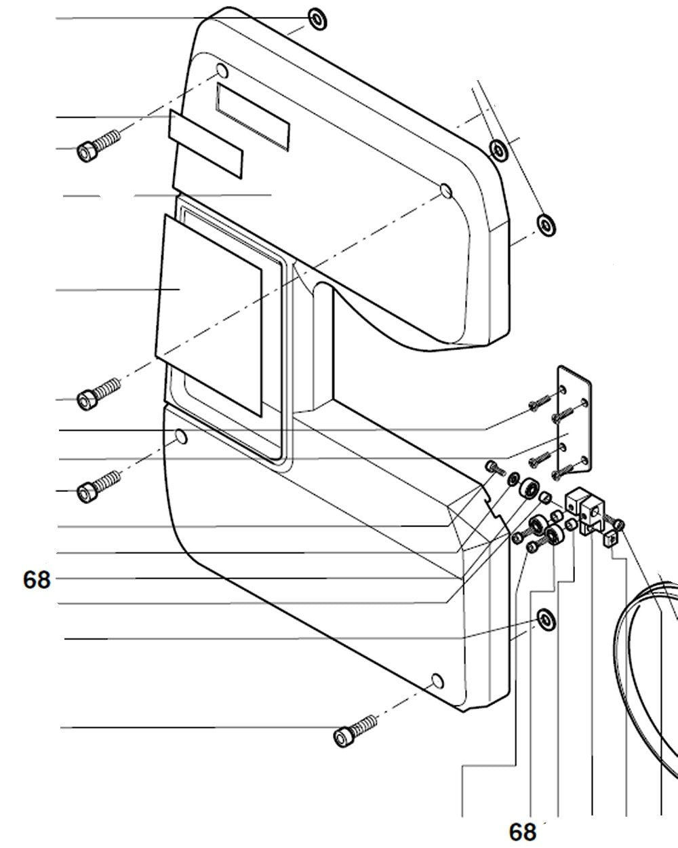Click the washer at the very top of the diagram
(x=317, y=19)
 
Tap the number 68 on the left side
(x=37, y=580)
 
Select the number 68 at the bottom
(x=522, y=832)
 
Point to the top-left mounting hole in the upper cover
(x=222, y=71)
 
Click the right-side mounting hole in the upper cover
(x=445, y=191)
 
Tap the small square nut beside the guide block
(x=610, y=539)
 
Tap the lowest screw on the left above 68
(x=98, y=488)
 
